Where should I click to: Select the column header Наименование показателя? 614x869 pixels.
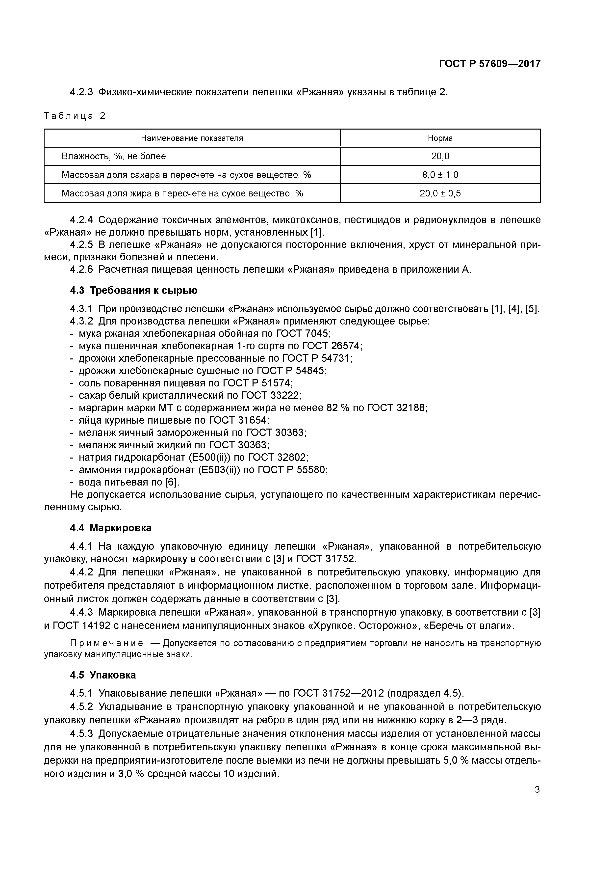coord(192,138)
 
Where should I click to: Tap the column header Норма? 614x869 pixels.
coord(440,138)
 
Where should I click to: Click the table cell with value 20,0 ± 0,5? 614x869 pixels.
coord(440,193)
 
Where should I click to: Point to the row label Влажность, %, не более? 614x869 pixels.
coord(113,156)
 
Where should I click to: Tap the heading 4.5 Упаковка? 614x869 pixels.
coord(103,675)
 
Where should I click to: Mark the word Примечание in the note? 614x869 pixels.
coord(107,643)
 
